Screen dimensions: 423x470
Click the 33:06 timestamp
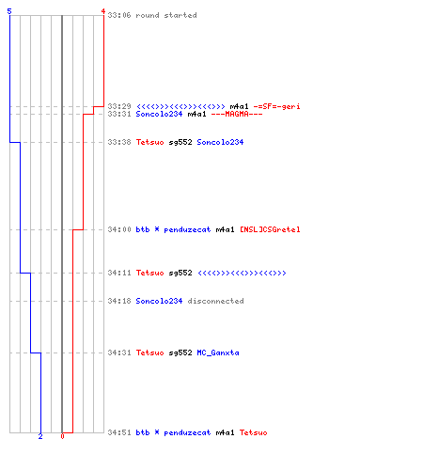[x=119, y=15]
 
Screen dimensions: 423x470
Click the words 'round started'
[x=166, y=15]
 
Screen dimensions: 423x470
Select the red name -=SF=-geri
[x=276, y=106]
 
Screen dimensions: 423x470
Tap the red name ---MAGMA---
[x=237, y=114]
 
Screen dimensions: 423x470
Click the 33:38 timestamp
[x=119, y=142]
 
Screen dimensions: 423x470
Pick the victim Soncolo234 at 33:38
[x=220, y=142]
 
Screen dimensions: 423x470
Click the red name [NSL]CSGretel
[x=270, y=229]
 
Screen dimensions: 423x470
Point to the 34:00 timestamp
[x=119, y=229]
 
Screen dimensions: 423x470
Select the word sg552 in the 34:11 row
[x=180, y=273]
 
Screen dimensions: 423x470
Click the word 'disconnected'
[x=215, y=301]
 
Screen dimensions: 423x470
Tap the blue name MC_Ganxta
[x=218, y=352]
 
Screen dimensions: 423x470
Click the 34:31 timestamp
[x=119, y=352]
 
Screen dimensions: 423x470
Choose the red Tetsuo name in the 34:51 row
[x=253, y=432]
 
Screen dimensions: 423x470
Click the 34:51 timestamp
[x=119, y=432]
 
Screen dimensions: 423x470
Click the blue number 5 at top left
[x=9, y=11]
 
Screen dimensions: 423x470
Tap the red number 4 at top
[x=103, y=11]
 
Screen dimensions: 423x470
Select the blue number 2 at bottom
[x=40, y=436]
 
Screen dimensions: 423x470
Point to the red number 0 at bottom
[x=62, y=436]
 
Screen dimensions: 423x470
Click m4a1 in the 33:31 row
[x=196, y=114]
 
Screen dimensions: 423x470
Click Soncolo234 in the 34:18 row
[x=159, y=301]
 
